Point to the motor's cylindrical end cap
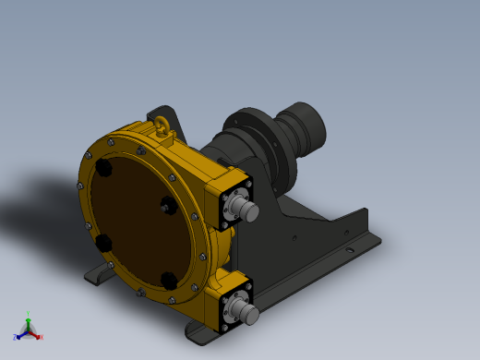tap(308, 126)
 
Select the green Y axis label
tap(28, 314)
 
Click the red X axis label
tap(41, 337)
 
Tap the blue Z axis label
tap(15, 337)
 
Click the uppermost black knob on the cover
tap(103, 169)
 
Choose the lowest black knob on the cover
tap(167, 280)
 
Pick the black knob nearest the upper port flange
tap(168, 205)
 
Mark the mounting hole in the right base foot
tap(349, 248)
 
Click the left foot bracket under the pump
tap(98, 275)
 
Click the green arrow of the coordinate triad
tap(28, 322)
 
